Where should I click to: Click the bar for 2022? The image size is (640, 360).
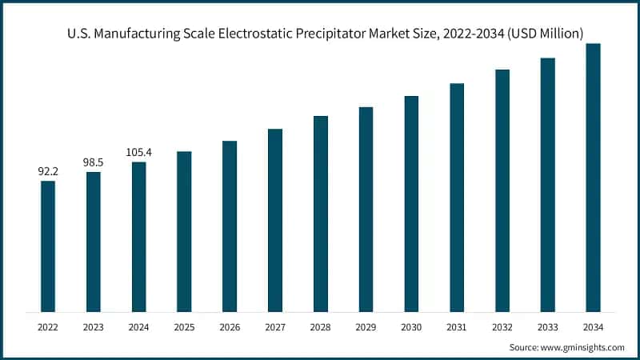[x=48, y=246]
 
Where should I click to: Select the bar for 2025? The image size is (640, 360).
[x=184, y=231]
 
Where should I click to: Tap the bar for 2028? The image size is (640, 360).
[x=321, y=214]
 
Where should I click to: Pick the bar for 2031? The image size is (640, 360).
[x=457, y=197]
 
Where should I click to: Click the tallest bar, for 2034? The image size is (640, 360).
[x=593, y=177]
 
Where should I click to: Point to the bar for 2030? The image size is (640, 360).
[x=411, y=203]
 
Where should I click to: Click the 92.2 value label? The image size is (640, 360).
[x=48, y=170]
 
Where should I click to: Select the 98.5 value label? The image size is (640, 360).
[x=94, y=162]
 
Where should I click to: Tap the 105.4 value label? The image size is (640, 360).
[x=139, y=152]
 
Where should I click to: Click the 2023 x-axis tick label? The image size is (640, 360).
[x=94, y=327]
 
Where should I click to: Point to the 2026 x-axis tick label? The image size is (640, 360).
[x=230, y=327]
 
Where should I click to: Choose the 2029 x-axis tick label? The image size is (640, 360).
[x=366, y=327]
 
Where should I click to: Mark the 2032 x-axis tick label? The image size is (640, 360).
[x=502, y=327]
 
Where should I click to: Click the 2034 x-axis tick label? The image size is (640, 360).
[x=593, y=327]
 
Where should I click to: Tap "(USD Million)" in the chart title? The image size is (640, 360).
[x=543, y=33]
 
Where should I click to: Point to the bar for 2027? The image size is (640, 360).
[x=275, y=220]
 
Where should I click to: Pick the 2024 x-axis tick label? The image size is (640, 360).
[x=139, y=327]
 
